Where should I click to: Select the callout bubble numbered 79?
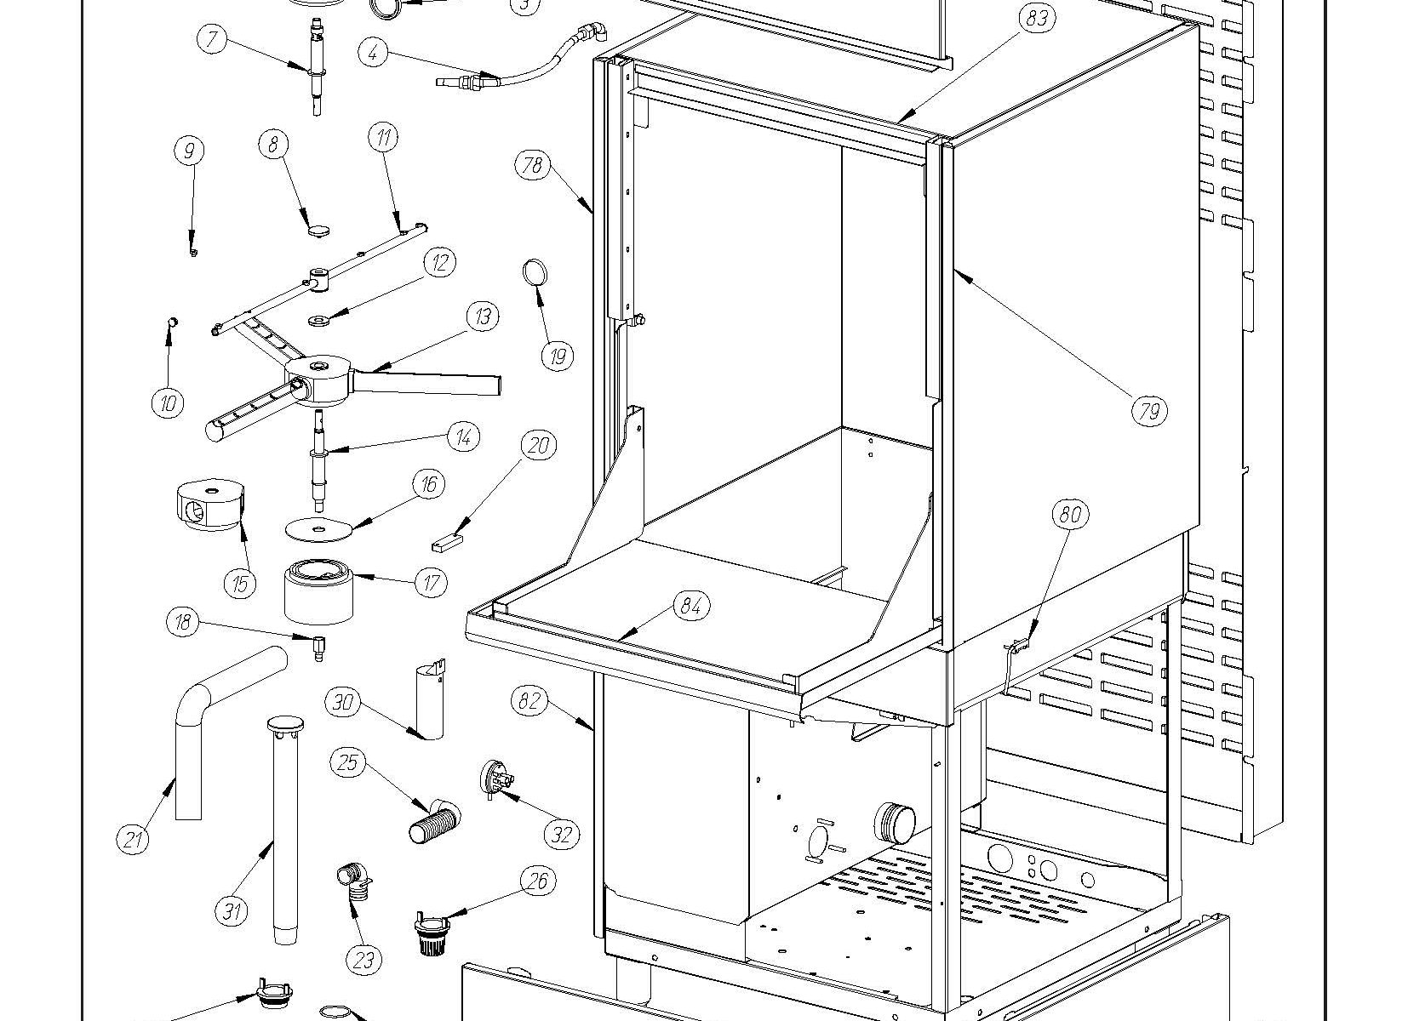[x=1149, y=412]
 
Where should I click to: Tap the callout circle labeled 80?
[x=1071, y=514]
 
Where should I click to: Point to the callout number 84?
[x=691, y=606]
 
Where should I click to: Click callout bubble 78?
[x=532, y=164]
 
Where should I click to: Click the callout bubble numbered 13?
[x=483, y=317]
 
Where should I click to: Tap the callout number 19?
[x=558, y=356]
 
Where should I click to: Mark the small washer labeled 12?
[x=319, y=321]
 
